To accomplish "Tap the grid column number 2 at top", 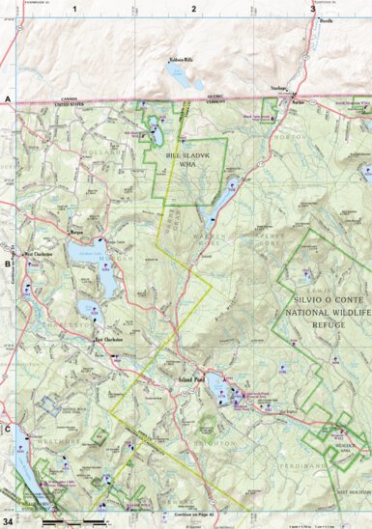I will point(193,9).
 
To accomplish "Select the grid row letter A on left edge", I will point(7,99).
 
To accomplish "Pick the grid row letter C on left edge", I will point(7,429).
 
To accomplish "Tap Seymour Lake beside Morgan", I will point(81,254).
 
